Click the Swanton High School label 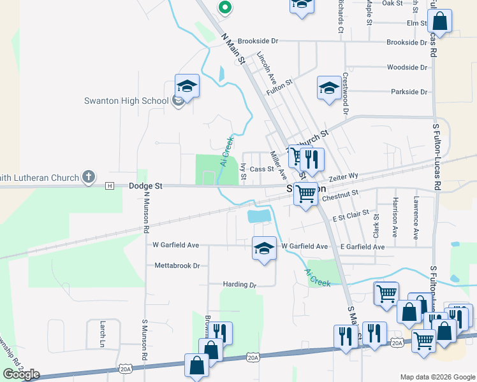pyautogui.click(x=126, y=101)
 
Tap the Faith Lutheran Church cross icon pyautogui.click(x=89, y=178)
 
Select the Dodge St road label pyautogui.click(x=145, y=186)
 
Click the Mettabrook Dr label pyautogui.click(x=177, y=265)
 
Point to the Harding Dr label pyautogui.click(x=239, y=285)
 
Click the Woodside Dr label pyautogui.click(x=407, y=67)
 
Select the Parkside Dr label pyautogui.click(x=408, y=92)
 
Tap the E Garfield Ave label pyautogui.click(x=362, y=246)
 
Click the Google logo pyautogui.click(x=21, y=374)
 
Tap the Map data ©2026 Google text pyautogui.click(x=437, y=377)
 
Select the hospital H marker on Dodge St pyautogui.click(x=110, y=186)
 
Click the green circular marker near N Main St pyautogui.click(x=224, y=8)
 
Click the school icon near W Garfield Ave pyautogui.click(x=264, y=248)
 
